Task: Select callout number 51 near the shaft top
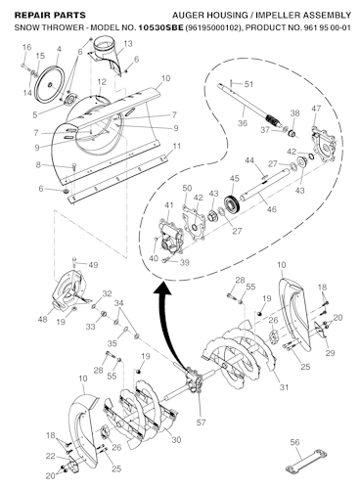[x=248, y=84]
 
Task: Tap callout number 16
[x=26, y=48]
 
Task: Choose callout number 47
[x=315, y=109]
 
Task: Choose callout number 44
[x=249, y=160]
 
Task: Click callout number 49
[x=94, y=265]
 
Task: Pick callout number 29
[x=329, y=351]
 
